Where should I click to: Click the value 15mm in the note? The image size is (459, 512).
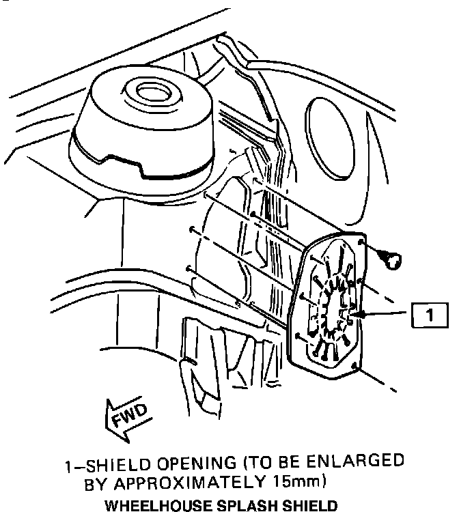(296, 483)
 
